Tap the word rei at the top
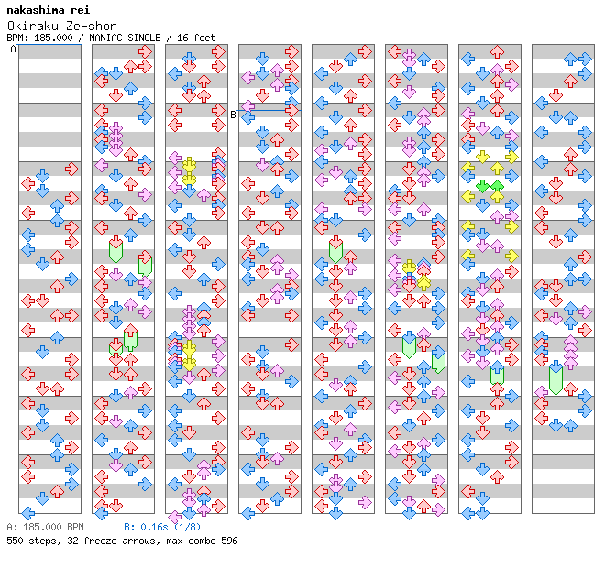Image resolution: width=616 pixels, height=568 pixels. coord(81,10)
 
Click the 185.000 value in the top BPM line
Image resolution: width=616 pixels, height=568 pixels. coord(53,38)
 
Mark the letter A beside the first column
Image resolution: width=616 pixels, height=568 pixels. coord(14,49)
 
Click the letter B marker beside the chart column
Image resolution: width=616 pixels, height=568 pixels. coord(233,115)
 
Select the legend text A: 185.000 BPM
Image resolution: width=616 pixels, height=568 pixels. coord(46,527)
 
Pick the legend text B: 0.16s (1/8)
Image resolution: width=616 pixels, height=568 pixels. coord(162,527)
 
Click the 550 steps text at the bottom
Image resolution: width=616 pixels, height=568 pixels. coord(32,541)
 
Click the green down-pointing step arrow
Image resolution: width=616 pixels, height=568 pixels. coord(482,186)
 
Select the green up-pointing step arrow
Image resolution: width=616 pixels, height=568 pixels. coord(497,186)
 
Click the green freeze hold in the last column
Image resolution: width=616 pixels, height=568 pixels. coord(555,378)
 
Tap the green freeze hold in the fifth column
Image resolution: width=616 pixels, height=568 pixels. coord(335,251)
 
